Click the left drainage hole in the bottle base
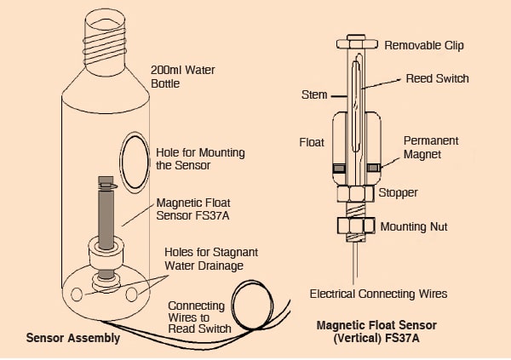78,294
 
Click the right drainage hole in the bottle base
132,294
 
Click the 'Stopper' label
398,192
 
